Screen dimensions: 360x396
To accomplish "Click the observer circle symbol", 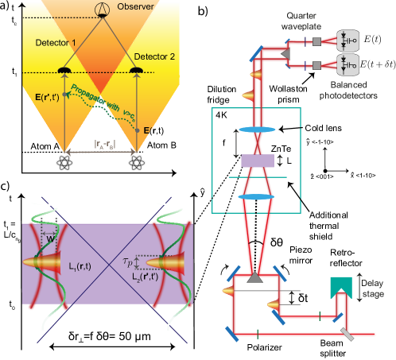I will (101, 10).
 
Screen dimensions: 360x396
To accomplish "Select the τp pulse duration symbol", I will (128, 261).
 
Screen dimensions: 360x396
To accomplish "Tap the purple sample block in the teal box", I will (257, 161).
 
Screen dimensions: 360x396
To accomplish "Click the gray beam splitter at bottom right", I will (347, 337).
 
